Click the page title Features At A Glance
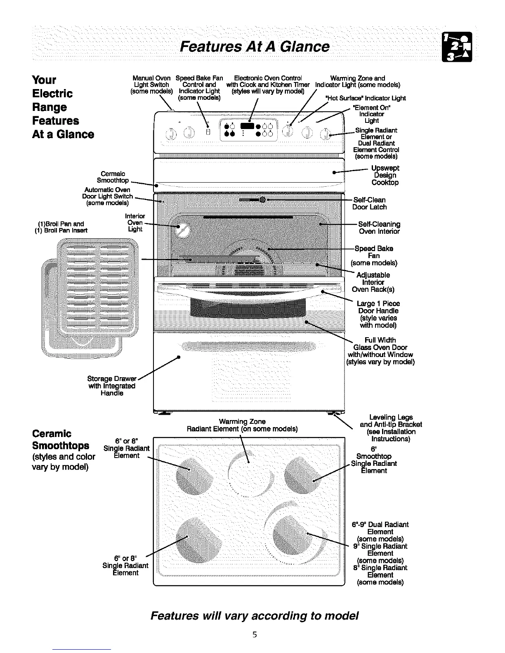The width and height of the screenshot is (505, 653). pos(255,46)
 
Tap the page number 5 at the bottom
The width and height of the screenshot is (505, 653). pos(255,634)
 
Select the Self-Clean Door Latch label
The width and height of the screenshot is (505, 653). pos(369,203)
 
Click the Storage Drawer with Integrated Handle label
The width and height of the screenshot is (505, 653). pos(112,386)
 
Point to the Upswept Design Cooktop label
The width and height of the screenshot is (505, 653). pos(385,175)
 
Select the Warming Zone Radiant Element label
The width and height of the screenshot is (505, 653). pos(242,425)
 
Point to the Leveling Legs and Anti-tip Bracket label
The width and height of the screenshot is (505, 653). pos(391,428)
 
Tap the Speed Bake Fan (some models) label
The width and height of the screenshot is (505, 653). pos(374,256)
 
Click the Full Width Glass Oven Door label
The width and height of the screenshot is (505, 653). pos(380,351)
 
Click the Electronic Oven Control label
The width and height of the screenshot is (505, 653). pos(268,85)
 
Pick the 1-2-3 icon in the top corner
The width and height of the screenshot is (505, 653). pos(458,46)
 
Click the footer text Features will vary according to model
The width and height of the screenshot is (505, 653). pos(255,616)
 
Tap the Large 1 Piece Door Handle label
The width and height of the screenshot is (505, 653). pos(378,314)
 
